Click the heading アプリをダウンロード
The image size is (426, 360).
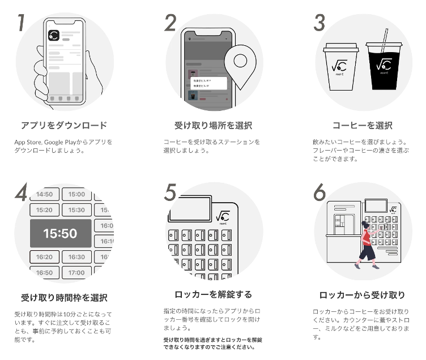click(x=63, y=125)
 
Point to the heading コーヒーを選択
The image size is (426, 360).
click(x=362, y=125)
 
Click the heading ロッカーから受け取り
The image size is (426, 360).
click(x=362, y=294)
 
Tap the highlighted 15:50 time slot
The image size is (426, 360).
click(x=60, y=233)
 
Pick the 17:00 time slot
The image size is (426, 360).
click(x=76, y=273)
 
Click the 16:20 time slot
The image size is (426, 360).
click(x=44, y=257)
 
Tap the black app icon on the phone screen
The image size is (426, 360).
click(x=54, y=35)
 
